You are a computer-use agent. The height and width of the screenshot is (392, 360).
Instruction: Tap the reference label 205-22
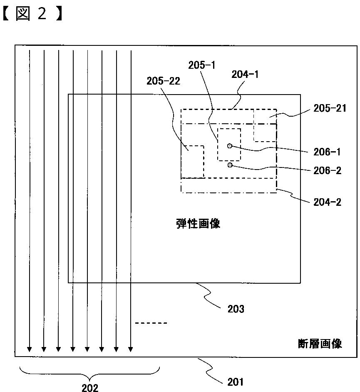[163, 81]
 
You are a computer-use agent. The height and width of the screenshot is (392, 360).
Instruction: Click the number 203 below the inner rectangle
[236, 309]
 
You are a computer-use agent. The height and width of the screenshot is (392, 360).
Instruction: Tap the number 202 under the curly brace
[89, 387]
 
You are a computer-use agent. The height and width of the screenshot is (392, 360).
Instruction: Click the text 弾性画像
[198, 224]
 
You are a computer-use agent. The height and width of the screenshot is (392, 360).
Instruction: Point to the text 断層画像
[320, 344]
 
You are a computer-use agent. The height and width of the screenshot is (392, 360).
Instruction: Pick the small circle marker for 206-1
[229, 146]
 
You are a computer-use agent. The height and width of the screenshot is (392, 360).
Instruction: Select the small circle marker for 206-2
[230, 165]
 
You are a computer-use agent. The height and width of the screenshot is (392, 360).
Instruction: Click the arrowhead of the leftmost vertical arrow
[29, 349]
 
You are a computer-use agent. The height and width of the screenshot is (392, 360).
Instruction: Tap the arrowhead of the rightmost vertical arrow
[131, 349]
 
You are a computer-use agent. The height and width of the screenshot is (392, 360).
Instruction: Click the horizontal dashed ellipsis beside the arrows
[151, 323]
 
